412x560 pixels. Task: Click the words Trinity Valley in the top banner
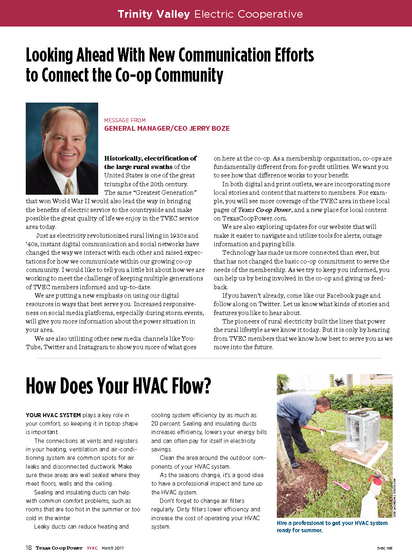153,14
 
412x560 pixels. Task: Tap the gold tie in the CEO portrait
69,186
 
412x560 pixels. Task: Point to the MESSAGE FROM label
125,120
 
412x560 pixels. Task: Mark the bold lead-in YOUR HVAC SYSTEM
53,415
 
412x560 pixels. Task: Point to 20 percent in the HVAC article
166,424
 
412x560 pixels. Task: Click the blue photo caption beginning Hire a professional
332,527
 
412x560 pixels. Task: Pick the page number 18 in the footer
29,548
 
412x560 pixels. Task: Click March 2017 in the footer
113,548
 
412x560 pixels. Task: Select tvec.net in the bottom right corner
385,548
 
